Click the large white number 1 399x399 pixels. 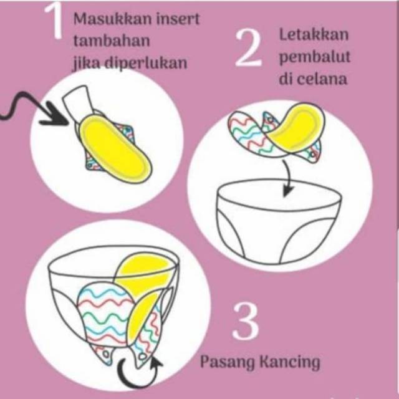[x=54, y=21]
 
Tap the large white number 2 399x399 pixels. [x=248, y=49]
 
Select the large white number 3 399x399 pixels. [x=246, y=322]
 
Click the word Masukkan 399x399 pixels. [x=113, y=19]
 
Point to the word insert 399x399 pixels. [x=178, y=19]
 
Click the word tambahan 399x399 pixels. [x=112, y=41]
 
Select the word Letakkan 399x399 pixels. [x=314, y=34]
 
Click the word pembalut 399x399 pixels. [x=315, y=57]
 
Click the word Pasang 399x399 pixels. [x=227, y=362]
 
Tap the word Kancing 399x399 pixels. [x=289, y=362]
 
